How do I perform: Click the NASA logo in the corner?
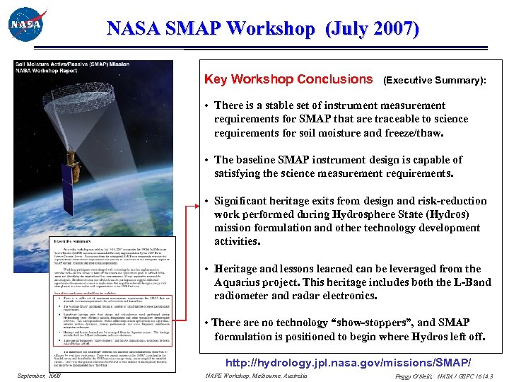click(27, 25)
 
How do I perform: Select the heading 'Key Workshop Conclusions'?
click(288, 79)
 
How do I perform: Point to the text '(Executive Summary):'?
click(434, 81)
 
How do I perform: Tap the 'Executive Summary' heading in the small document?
click(73, 241)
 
